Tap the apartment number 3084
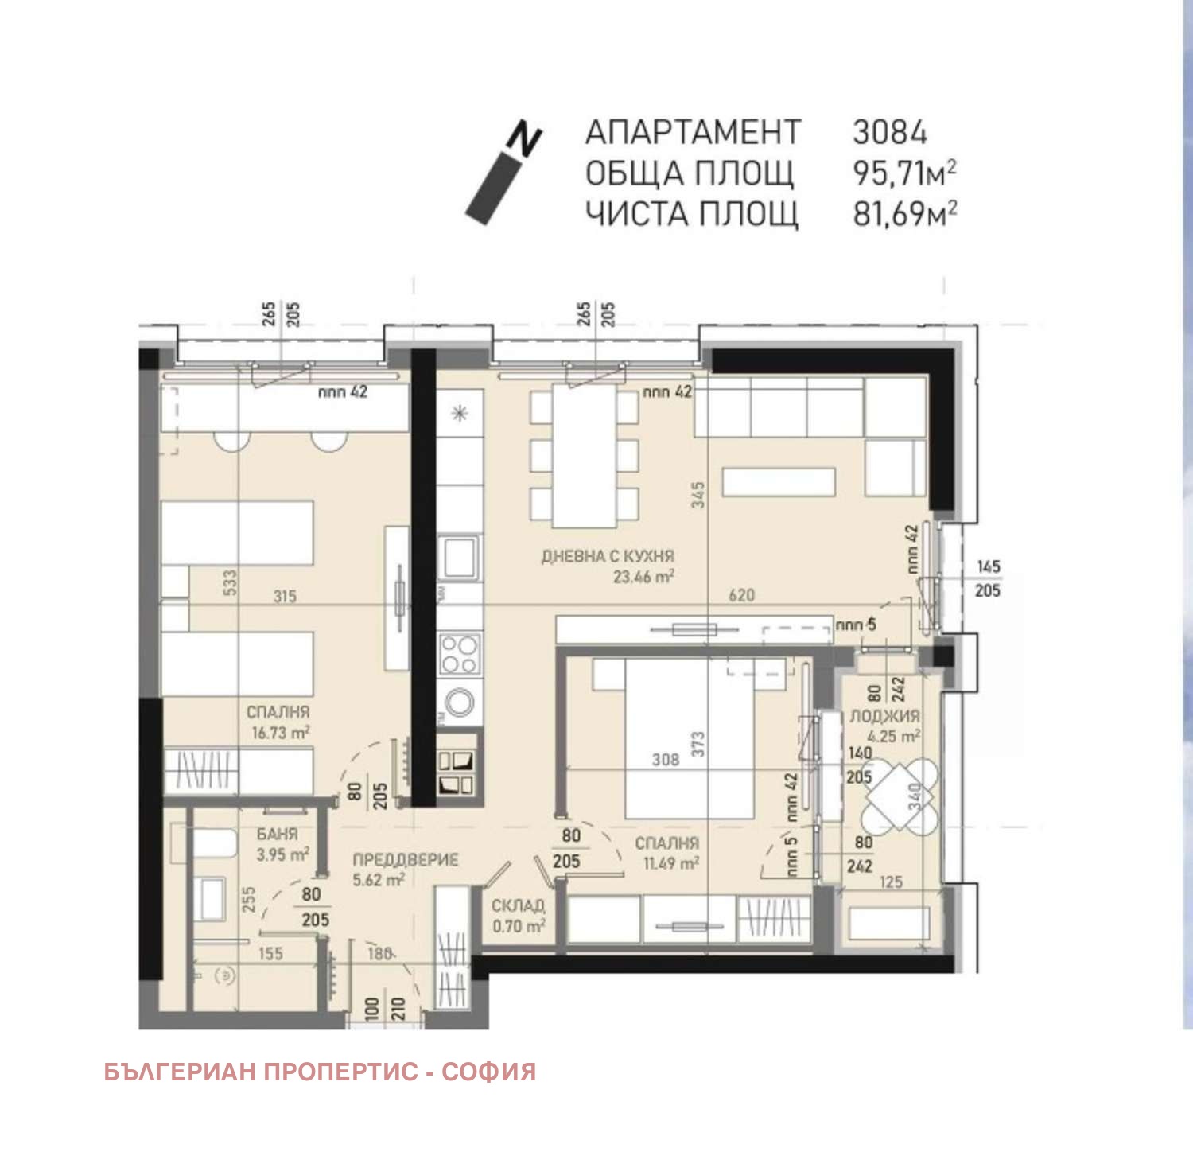[x=889, y=132]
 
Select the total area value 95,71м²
[x=903, y=173]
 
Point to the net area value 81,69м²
[x=903, y=214]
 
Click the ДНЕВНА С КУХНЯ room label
[x=608, y=556]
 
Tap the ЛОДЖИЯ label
[x=884, y=716]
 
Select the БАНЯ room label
[x=277, y=834]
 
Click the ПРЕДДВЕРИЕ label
[x=405, y=860]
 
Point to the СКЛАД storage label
[x=518, y=905]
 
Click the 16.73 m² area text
[x=280, y=733]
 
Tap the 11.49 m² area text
[x=670, y=863]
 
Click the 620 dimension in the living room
[x=741, y=595]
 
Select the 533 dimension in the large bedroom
[x=229, y=582]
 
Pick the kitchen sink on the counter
[x=459, y=557]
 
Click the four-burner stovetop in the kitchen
[x=459, y=654]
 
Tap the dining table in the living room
[x=585, y=457]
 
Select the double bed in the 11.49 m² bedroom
[x=688, y=738]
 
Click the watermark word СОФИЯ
[x=488, y=1072]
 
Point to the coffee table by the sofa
[x=778, y=482]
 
